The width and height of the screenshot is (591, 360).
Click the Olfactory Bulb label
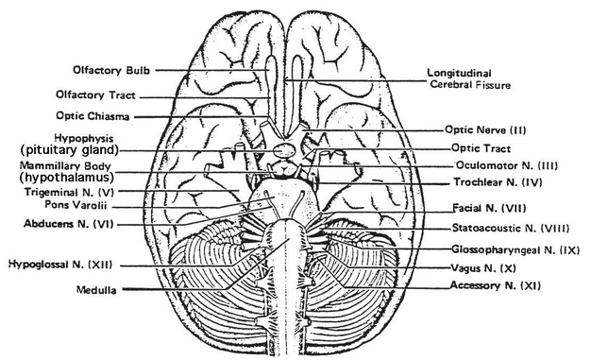[x=113, y=70]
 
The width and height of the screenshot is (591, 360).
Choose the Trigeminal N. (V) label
[x=71, y=190]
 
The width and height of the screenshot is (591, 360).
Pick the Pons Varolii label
[x=78, y=203]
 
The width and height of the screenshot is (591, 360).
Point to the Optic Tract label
[x=481, y=148]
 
